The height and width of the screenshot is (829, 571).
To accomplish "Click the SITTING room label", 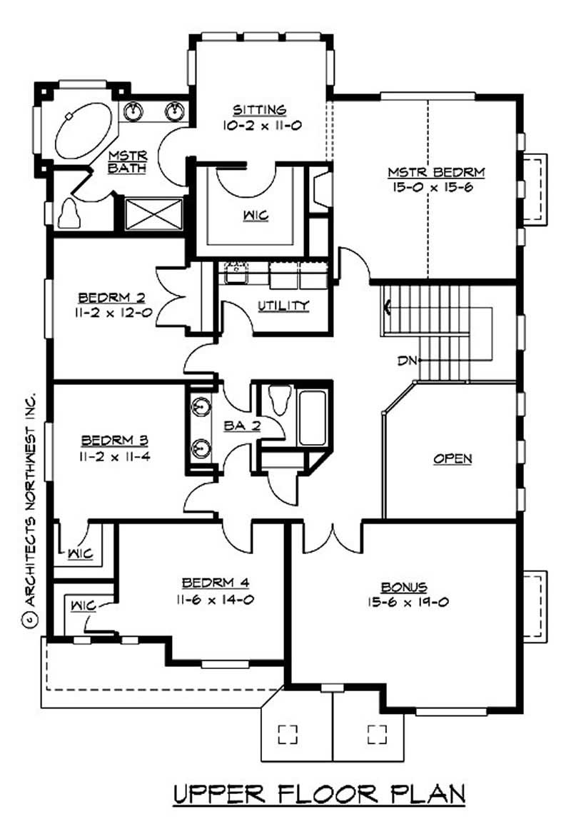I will pyautogui.click(x=260, y=109).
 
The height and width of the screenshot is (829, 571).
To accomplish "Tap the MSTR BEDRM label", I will pyautogui.click(x=436, y=172).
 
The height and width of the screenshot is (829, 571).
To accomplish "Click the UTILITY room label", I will pyautogui.click(x=283, y=306).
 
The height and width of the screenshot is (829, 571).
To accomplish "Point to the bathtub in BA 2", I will pyautogui.click(x=313, y=418).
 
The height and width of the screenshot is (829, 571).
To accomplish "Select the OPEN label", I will pyautogui.click(x=453, y=458).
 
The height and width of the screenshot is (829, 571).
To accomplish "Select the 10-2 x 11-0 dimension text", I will pyautogui.click(x=260, y=124).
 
